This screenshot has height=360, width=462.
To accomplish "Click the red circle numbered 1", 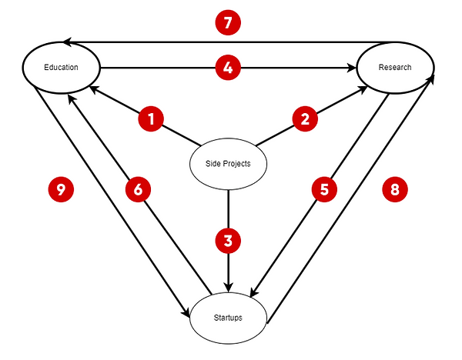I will [x=152, y=119].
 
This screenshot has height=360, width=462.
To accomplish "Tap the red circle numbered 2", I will [x=305, y=119].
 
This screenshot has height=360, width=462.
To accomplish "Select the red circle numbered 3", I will [x=228, y=241].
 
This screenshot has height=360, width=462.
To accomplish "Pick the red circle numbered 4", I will [x=228, y=68].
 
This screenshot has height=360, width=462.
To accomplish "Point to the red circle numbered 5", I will [x=324, y=189].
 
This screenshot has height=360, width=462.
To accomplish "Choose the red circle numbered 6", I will [x=138, y=190].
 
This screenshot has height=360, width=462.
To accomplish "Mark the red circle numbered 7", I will [x=228, y=23].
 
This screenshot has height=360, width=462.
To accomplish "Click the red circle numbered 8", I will [x=395, y=190].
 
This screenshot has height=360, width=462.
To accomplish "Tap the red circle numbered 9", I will [x=61, y=190].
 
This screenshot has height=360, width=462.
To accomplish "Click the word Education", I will [x=62, y=68].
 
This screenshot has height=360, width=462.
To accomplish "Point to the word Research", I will [x=395, y=68].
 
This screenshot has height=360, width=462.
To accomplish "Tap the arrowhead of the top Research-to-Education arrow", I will [x=68, y=41].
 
